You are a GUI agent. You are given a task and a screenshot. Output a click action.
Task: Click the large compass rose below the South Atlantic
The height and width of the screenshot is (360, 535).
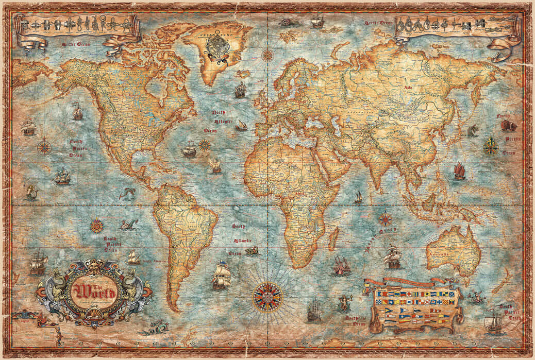tap(267, 297)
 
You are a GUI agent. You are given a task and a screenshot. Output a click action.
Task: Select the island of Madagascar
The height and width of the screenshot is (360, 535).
tap(333, 239)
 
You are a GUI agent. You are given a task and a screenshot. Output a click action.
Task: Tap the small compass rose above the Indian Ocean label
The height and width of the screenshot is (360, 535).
tap(385, 219)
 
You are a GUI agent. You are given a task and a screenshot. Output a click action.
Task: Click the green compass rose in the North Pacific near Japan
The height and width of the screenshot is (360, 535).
tap(490, 147)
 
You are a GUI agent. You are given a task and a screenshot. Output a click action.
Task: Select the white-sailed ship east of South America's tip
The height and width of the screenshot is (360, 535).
tap(221, 276)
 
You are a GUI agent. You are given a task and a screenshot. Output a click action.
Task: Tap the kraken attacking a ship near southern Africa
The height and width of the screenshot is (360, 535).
tap(341, 266)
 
